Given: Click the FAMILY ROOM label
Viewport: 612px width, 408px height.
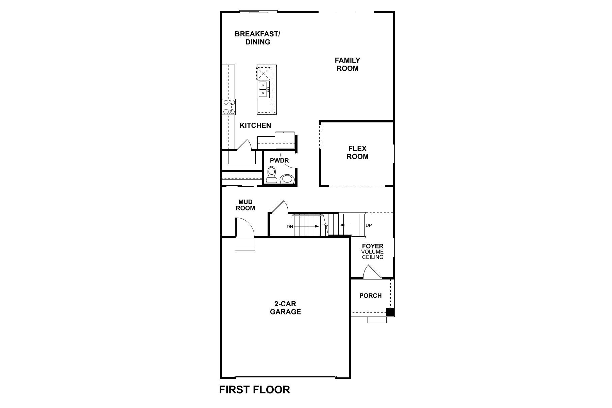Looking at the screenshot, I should point(347,64).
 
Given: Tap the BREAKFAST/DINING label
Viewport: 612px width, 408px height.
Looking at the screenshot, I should point(257,38).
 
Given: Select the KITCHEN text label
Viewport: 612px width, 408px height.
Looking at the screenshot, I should point(255,125).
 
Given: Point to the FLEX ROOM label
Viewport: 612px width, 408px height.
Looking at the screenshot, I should point(357,153).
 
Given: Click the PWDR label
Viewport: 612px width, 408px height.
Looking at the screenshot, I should point(279,160).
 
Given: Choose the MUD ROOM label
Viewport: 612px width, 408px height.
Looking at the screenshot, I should point(245,205).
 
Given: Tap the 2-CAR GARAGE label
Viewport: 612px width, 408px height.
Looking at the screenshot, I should point(285,308).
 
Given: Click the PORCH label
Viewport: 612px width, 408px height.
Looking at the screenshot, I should point(370,296).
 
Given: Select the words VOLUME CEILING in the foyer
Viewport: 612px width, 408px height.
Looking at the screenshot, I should point(372,254).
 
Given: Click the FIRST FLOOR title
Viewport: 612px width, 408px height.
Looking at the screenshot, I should point(254,390).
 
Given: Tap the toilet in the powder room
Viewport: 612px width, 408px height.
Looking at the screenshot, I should point(271,175).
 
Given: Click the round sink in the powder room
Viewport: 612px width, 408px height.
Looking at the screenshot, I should point(287,179).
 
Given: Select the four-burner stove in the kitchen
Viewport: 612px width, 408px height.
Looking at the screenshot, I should point(228,106).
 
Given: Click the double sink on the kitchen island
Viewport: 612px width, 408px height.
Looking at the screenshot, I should point(263,89).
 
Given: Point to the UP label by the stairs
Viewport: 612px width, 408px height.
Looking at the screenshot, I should point(369,225).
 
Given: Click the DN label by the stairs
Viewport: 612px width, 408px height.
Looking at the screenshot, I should point(290,226).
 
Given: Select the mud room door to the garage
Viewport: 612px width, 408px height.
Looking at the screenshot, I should point(244,227).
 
